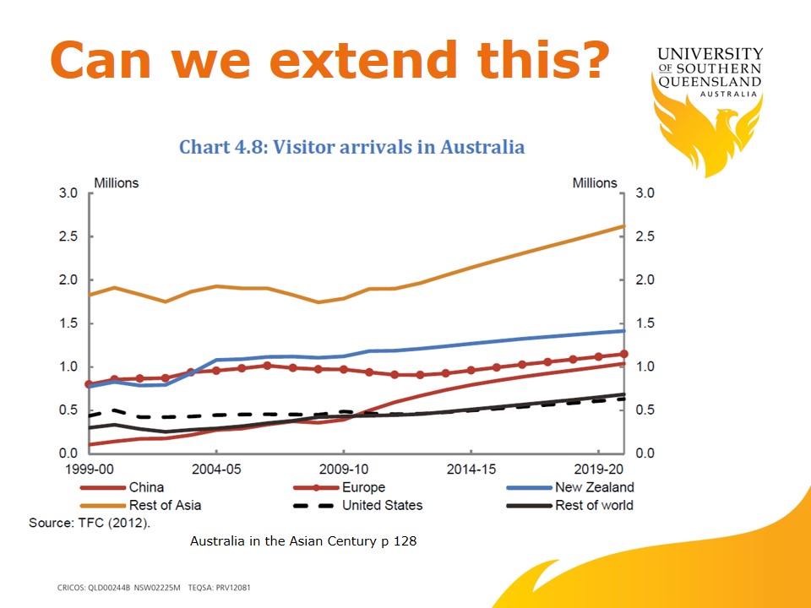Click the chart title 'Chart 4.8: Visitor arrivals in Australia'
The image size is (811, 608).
click(x=351, y=147)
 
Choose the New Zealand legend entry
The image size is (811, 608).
click(x=594, y=487)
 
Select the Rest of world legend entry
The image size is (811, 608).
click(x=594, y=505)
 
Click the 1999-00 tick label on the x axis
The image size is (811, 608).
click(x=90, y=467)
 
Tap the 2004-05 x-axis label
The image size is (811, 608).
click(x=217, y=467)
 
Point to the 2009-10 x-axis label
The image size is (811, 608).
click(x=346, y=467)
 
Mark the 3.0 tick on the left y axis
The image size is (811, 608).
click(x=68, y=193)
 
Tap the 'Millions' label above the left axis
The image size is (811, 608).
click(x=116, y=182)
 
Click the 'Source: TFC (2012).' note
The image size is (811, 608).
click(x=90, y=523)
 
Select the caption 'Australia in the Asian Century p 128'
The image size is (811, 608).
click(x=303, y=541)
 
